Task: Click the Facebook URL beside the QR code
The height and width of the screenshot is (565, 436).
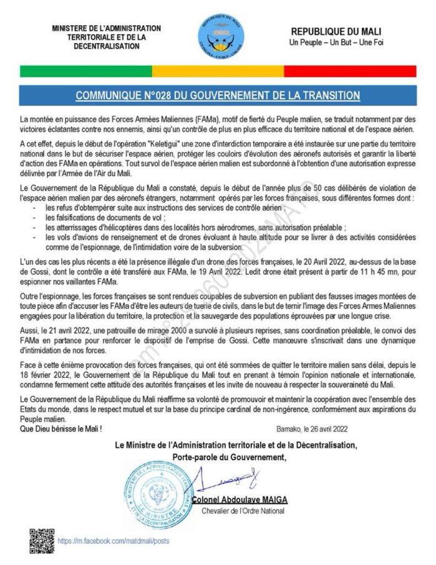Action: (x=113, y=541)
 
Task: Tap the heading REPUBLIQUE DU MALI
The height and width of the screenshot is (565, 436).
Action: (x=336, y=32)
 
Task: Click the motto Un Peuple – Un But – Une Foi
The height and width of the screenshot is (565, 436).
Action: (x=336, y=43)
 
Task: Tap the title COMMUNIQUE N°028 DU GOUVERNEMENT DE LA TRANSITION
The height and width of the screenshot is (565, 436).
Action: (x=218, y=95)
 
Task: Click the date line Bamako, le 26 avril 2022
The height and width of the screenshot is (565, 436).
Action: (x=311, y=429)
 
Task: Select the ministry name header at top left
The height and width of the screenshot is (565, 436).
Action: (x=106, y=37)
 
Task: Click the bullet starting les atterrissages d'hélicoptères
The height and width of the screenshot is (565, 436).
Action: (x=193, y=228)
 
